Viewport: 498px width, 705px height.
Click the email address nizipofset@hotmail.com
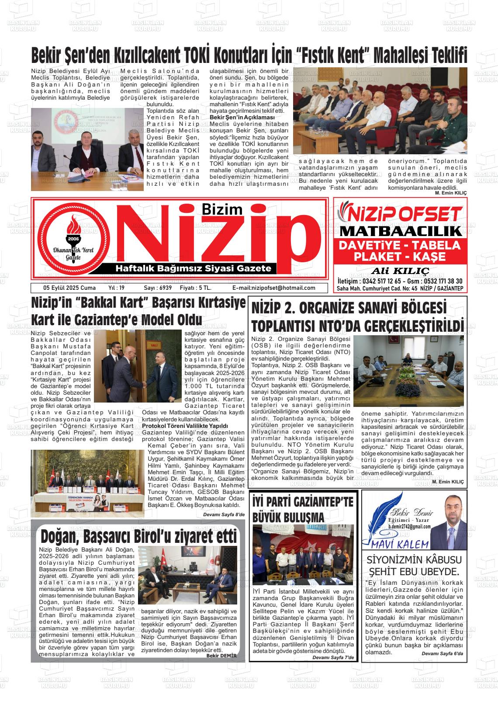tap(273, 288)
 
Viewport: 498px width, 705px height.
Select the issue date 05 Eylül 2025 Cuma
tap(63, 288)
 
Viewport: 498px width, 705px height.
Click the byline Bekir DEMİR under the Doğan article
tap(221, 656)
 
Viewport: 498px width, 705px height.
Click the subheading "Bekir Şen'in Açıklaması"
tap(242, 118)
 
